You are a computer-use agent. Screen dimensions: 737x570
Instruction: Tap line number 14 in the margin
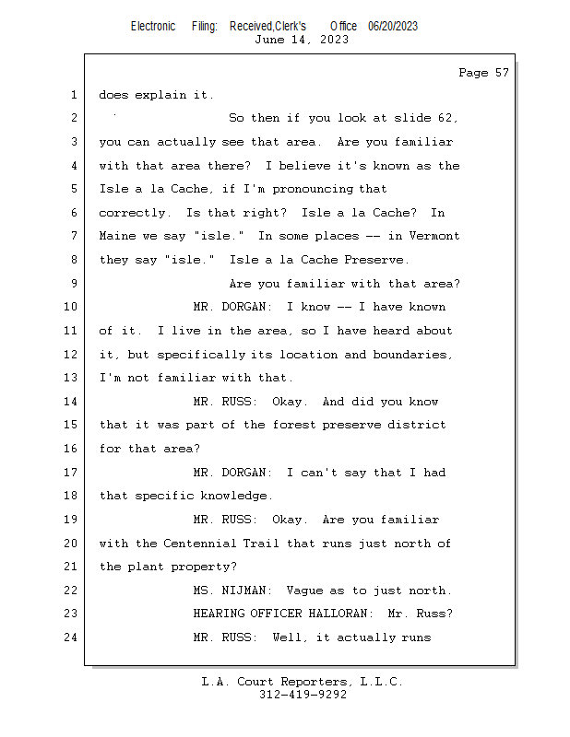(73, 402)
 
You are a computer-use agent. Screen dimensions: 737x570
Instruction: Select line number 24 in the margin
(73, 638)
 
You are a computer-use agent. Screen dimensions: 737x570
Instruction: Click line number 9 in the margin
(74, 284)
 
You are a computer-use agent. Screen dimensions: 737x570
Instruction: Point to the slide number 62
(448, 119)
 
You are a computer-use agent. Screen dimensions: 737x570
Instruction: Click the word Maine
(117, 237)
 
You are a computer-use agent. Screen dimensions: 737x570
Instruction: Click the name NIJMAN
(250, 591)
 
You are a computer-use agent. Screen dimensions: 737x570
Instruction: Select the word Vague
(305, 591)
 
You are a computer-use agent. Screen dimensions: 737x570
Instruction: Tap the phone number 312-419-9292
(303, 695)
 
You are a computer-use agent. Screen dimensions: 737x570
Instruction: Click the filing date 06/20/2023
(392, 26)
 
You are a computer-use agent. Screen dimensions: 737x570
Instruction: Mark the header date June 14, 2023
(302, 40)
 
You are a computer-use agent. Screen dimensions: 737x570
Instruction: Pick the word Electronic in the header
(153, 26)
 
